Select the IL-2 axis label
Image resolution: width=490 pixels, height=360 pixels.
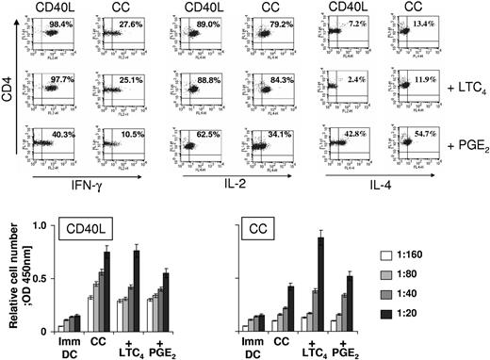(x=253, y=178)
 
